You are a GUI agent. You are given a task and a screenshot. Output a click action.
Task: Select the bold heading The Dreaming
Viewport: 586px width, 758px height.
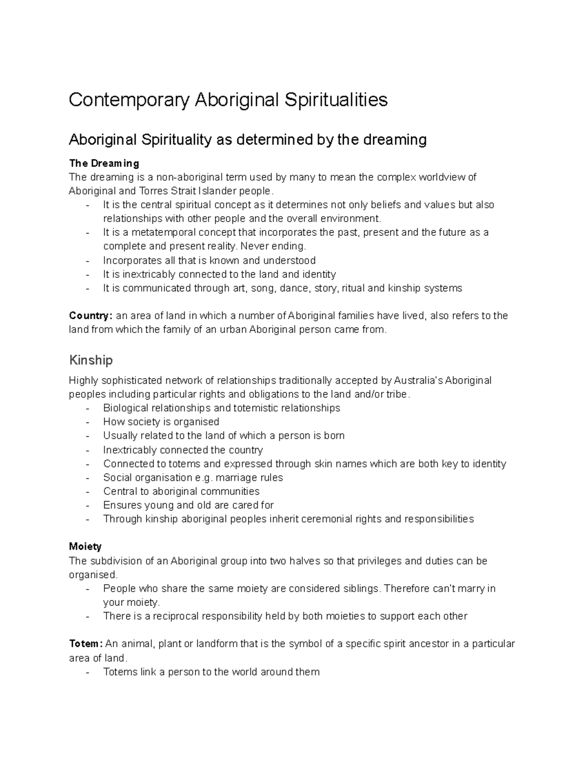104,163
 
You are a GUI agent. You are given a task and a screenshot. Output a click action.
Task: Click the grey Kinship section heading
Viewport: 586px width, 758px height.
91,360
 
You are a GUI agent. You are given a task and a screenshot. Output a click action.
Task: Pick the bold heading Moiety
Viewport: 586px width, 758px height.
85,547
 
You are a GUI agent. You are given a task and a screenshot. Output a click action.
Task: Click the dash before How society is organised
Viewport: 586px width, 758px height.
87,422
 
